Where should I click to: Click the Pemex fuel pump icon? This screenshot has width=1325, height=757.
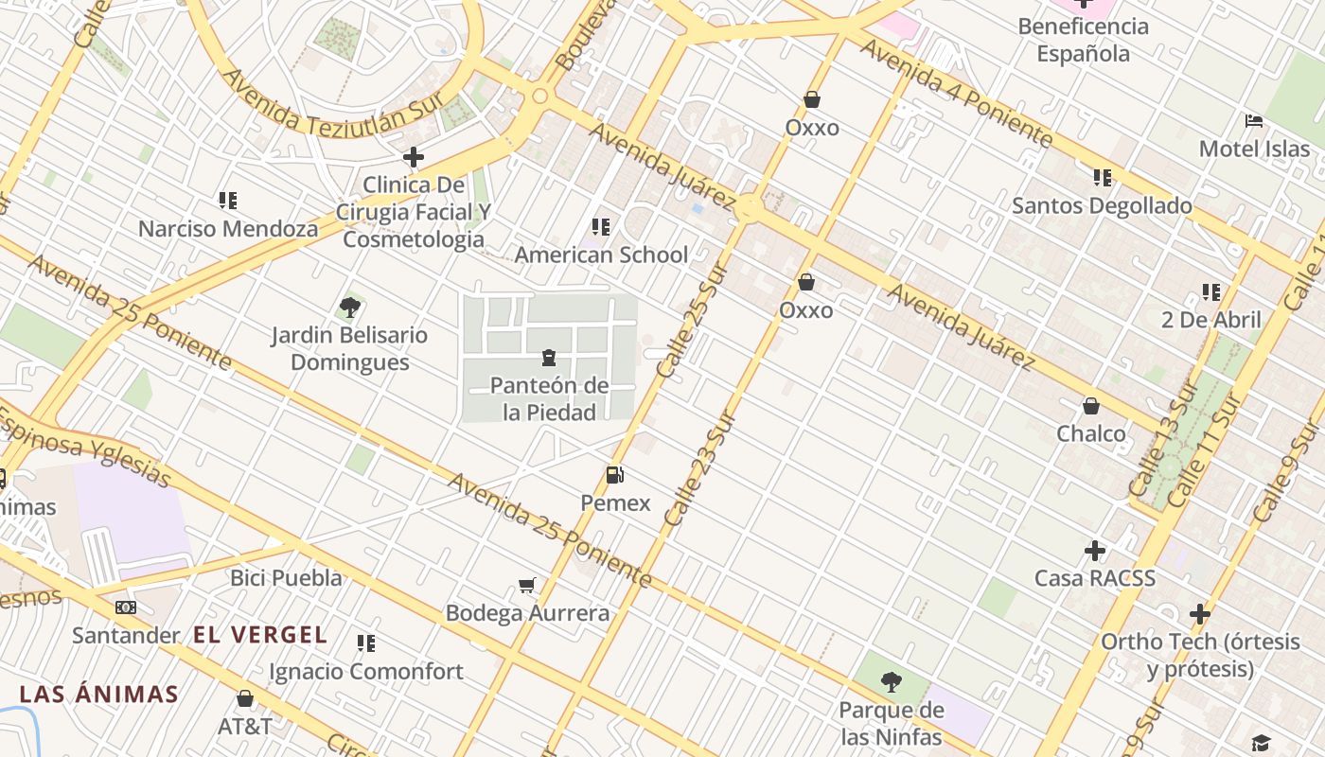[x=615, y=475]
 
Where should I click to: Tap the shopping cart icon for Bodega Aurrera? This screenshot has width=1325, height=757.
[x=527, y=586]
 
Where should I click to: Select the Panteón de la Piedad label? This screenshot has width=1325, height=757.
[x=549, y=398]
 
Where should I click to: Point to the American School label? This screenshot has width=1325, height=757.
[x=601, y=255]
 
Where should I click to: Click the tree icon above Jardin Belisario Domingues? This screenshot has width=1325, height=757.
[x=349, y=308]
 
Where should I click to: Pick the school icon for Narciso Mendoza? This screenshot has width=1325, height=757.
[x=228, y=201]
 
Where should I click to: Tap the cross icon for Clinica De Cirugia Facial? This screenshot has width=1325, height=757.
[x=414, y=156]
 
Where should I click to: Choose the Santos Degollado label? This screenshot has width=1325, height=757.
[x=1102, y=205]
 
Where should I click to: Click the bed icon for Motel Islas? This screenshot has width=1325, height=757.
[x=1254, y=121]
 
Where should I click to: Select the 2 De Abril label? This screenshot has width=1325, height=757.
[x=1210, y=320]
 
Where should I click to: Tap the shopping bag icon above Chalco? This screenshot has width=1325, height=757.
[x=1091, y=406]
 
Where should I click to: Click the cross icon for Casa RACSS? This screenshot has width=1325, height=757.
[x=1095, y=551]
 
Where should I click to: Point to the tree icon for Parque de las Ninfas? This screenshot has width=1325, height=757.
[x=891, y=681]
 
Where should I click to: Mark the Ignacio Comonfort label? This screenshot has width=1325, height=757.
[x=366, y=672]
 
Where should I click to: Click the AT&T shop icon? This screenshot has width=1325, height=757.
[x=245, y=699]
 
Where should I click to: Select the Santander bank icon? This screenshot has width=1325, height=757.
[x=126, y=607]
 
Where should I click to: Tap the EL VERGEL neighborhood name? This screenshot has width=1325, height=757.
[x=260, y=635]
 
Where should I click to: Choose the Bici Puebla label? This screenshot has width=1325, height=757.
[x=286, y=577]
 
